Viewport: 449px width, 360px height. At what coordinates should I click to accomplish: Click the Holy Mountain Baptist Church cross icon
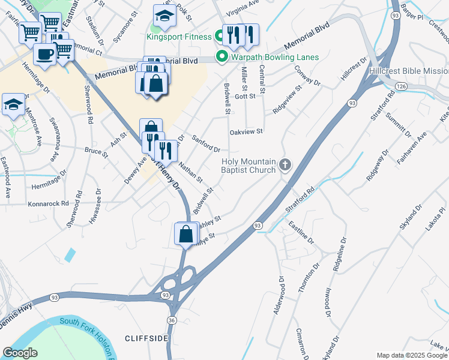[x=286, y=165]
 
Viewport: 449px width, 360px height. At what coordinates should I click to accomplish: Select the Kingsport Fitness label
[x=179, y=37]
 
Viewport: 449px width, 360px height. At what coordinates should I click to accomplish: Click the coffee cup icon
[x=45, y=55]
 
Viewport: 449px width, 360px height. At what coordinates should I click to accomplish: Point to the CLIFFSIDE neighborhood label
[x=146, y=338]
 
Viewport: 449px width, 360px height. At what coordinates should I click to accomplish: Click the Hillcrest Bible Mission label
[x=409, y=70]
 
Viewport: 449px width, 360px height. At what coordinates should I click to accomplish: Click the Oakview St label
[x=246, y=131]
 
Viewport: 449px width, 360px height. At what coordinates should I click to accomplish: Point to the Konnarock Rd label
[x=49, y=203]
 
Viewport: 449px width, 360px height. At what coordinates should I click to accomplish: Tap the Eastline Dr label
[x=301, y=232]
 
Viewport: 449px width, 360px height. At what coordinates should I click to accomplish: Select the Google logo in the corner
[x=20, y=353]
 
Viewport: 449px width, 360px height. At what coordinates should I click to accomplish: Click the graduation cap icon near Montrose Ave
[x=13, y=104]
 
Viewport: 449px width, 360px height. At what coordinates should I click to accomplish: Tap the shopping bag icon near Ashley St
[x=186, y=233]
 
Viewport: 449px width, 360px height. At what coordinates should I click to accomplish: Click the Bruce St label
[x=96, y=152]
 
